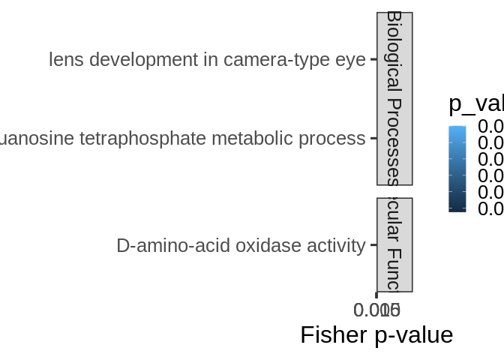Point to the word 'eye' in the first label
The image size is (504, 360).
coord(350,60)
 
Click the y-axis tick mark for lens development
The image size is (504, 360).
coord(373,59)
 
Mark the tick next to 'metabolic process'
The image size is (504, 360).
coord(373,139)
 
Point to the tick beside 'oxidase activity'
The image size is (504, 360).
coord(373,245)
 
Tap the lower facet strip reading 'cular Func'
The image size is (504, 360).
coord(394,244)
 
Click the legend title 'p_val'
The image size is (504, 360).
coord(475,104)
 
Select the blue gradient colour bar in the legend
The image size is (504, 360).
coord(457,169)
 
